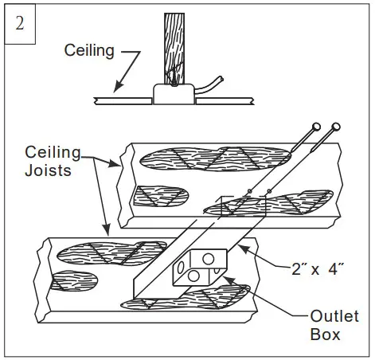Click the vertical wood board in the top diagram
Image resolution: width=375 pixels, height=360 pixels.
point(175,45)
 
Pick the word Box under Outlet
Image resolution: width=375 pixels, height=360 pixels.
point(324,335)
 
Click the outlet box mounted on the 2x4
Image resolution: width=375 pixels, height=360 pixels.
point(198,267)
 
